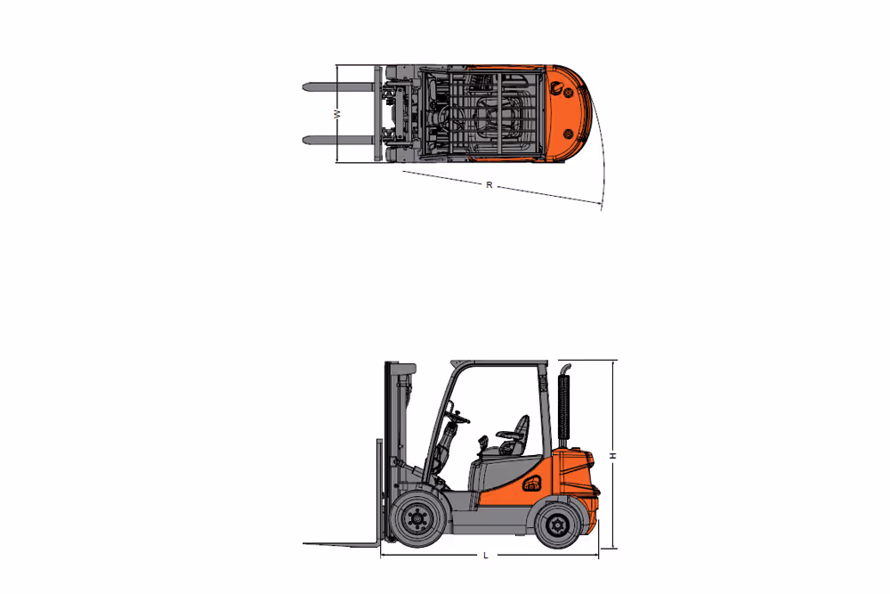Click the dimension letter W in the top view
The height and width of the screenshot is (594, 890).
pyautogui.click(x=336, y=114)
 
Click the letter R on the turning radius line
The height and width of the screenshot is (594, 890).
pyautogui.click(x=489, y=185)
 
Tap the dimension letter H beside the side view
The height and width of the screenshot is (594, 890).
pyautogui.click(x=612, y=455)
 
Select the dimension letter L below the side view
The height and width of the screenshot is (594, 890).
pyautogui.click(x=485, y=556)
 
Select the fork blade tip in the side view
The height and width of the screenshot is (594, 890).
pyautogui.click(x=311, y=543)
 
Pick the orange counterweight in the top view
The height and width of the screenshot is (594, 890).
pyautogui.click(x=566, y=111)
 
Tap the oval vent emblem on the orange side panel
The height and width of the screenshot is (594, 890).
pyautogui.click(x=532, y=484)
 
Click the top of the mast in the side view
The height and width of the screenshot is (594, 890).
pyautogui.click(x=400, y=366)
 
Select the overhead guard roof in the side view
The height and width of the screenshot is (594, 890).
pyautogui.click(x=498, y=362)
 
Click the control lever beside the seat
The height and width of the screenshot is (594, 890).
pyautogui.click(x=481, y=443)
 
